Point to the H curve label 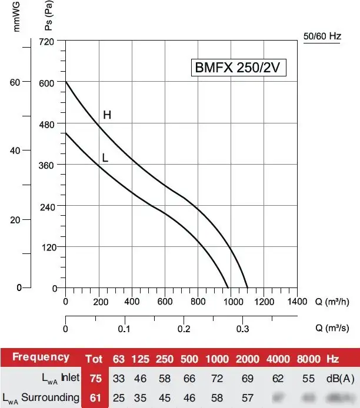[x=107, y=115]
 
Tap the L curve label [x=105, y=158]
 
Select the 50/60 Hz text [x=322, y=36]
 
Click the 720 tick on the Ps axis [x=47, y=41]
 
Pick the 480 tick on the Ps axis [x=47, y=123]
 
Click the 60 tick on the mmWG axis [x=16, y=82]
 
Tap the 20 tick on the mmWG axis [x=16, y=220]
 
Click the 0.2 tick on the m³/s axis [x=184, y=329]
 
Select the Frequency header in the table [x=41, y=357]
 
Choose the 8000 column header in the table [x=308, y=358]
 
